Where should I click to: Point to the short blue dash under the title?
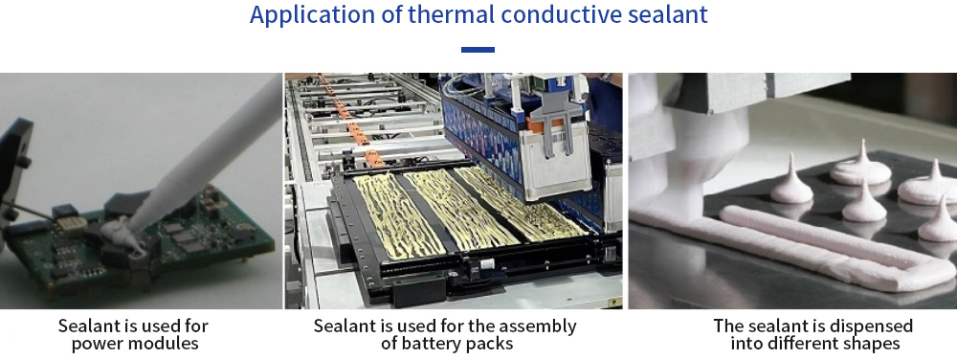[478, 50]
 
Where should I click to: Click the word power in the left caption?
[94, 343]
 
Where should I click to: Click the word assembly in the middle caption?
[537, 326]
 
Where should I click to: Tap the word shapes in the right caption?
[870, 344]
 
